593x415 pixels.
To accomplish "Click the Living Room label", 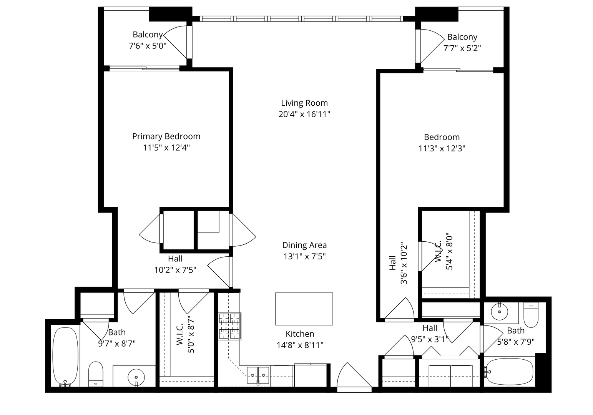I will [304, 103].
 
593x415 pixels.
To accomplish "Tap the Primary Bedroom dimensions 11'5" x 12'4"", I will [166, 148].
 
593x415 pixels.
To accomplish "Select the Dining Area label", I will [304, 245].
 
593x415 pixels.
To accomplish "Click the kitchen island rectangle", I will [304, 309].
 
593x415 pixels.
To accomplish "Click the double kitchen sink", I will [258, 374].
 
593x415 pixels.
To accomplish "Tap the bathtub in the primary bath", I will [65, 356].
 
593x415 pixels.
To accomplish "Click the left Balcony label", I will [148, 35].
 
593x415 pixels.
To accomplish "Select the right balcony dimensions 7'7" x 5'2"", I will [462, 48].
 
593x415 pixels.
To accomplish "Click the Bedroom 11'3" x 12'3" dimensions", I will [442, 149].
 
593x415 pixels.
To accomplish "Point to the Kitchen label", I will [300, 334].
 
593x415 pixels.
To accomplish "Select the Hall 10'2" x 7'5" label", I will [175, 270].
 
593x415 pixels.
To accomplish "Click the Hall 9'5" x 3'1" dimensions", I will [430, 339].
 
